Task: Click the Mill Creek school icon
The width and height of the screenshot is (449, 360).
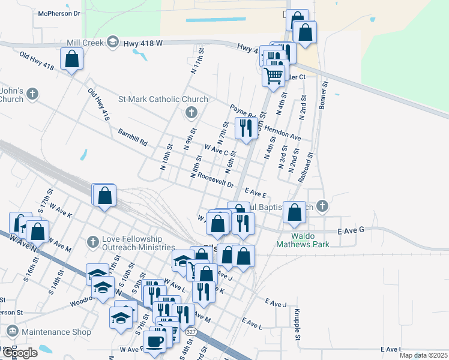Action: click(x=112, y=41)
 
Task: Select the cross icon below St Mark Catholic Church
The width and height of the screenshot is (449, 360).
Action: click(x=191, y=112)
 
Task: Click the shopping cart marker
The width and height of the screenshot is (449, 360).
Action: click(x=273, y=76)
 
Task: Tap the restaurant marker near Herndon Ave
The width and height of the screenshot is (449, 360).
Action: click(x=246, y=128)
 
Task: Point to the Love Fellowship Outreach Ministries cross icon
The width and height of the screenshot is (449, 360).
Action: click(x=92, y=241)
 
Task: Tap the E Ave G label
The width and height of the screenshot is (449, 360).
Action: click(x=351, y=230)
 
